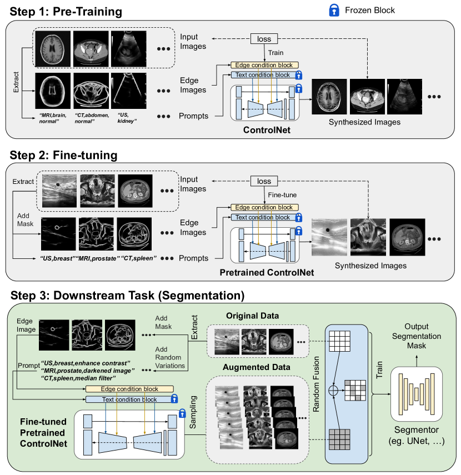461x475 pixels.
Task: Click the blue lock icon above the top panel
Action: (x=334, y=9)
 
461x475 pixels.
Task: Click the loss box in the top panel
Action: (x=264, y=39)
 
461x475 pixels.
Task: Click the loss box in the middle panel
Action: (x=264, y=181)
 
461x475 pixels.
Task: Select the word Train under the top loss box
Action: (x=276, y=53)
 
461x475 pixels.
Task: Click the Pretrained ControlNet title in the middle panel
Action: (x=267, y=273)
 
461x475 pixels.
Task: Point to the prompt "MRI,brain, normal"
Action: (x=53, y=117)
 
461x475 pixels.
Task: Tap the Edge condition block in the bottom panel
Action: (x=129, y=389)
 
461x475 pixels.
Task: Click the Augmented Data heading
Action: (x=257, y=367)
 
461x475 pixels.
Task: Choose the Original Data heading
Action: (x=252, y=316)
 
